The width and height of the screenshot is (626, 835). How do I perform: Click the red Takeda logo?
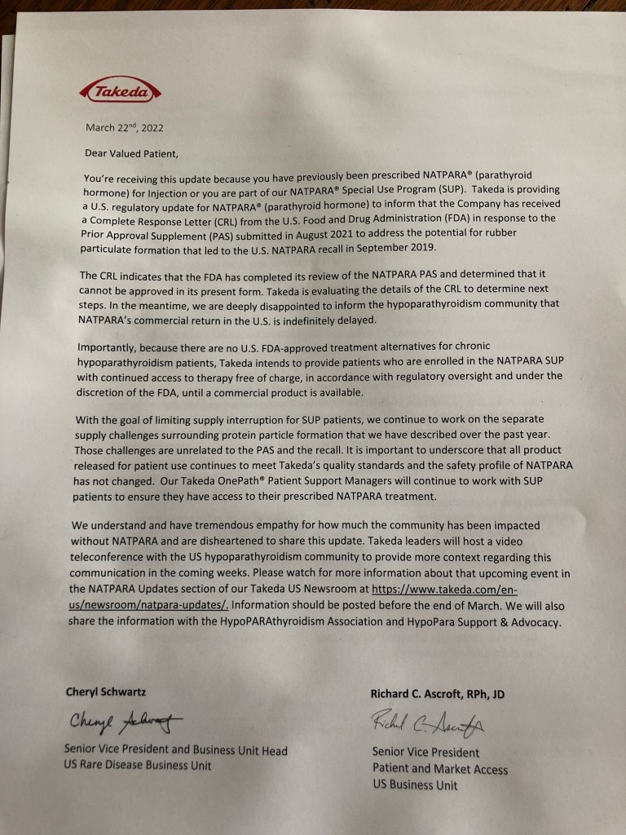pyautogui.click(x=120, y=91)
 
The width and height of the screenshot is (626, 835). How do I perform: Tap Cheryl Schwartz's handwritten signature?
pyautogui.click(x=122, y=722)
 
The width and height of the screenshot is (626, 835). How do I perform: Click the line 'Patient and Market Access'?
pyautogui.click(x=439, y=768)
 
